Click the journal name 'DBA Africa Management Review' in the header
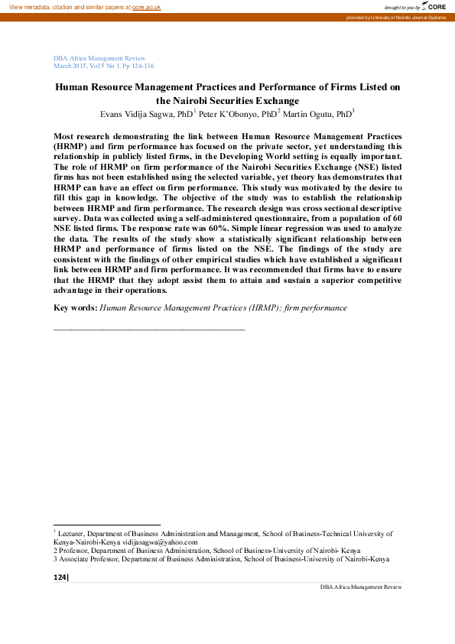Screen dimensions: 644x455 [99, 58]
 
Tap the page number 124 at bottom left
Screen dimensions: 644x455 [60, 577]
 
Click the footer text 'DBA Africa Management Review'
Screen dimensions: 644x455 [361, 587]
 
